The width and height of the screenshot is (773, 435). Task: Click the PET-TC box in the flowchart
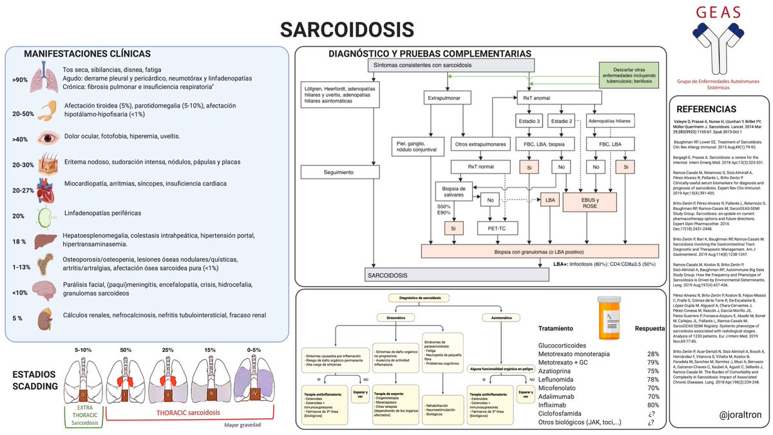[494, 227]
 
